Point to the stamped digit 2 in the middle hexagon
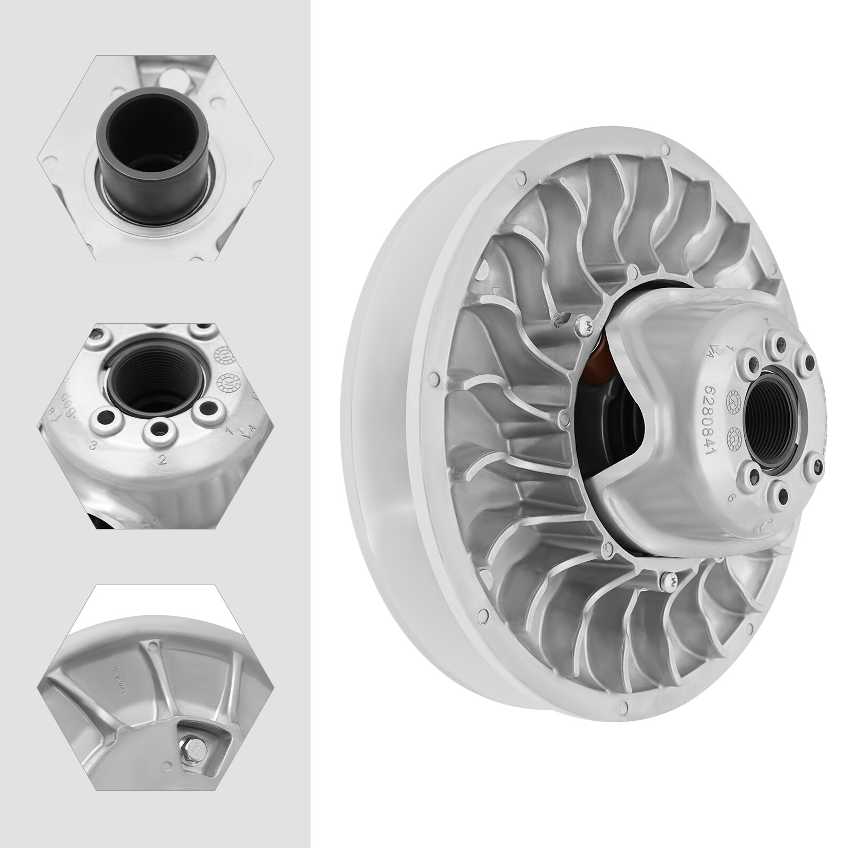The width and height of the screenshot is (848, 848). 163,460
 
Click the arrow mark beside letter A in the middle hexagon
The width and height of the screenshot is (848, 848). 244,434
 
